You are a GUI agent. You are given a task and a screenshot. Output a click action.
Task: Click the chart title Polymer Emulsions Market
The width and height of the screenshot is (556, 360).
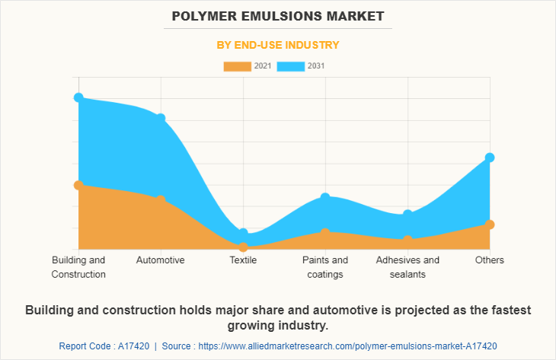pos(277,16)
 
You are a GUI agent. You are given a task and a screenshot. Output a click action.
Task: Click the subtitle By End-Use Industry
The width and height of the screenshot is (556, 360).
pos(277,45)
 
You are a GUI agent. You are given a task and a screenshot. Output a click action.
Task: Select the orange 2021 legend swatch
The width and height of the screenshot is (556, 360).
pos(237,66)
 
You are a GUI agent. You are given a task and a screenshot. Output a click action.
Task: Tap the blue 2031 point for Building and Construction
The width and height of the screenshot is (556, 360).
pos(78,97)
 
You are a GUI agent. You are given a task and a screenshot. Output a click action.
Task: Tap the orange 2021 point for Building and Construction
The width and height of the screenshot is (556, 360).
pos(78,185)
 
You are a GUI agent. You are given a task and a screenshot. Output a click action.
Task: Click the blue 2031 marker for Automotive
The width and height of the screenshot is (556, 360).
pos(161,118)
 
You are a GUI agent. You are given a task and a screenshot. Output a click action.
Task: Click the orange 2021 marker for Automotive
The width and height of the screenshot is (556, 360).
pos(161,200)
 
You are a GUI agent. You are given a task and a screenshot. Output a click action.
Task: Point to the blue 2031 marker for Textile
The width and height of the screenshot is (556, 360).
pos(243,233)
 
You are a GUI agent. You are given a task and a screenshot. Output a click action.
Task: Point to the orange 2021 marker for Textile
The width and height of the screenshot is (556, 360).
pos(243,247)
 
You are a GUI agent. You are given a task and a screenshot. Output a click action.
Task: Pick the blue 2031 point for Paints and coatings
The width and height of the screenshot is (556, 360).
pos(325,197)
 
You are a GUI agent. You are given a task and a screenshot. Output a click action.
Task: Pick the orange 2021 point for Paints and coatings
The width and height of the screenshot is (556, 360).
pos(325,232)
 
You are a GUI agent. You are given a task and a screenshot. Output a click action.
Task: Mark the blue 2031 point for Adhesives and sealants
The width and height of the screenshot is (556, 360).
pos(407,215)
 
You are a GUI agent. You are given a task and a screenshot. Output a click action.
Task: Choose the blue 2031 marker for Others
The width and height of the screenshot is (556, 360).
pos(490,158)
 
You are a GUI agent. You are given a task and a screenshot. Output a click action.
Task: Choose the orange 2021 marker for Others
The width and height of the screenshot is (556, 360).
pos(490,225)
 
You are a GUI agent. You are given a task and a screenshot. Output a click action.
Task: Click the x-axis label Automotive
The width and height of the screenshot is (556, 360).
pos(161,260)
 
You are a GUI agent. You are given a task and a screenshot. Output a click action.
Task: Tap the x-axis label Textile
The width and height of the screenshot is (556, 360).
pos(243,260)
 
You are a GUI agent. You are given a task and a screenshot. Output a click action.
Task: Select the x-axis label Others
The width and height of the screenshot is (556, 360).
pos(490,260)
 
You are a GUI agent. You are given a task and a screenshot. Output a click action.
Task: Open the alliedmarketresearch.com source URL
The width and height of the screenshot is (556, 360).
pos(355,346)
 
